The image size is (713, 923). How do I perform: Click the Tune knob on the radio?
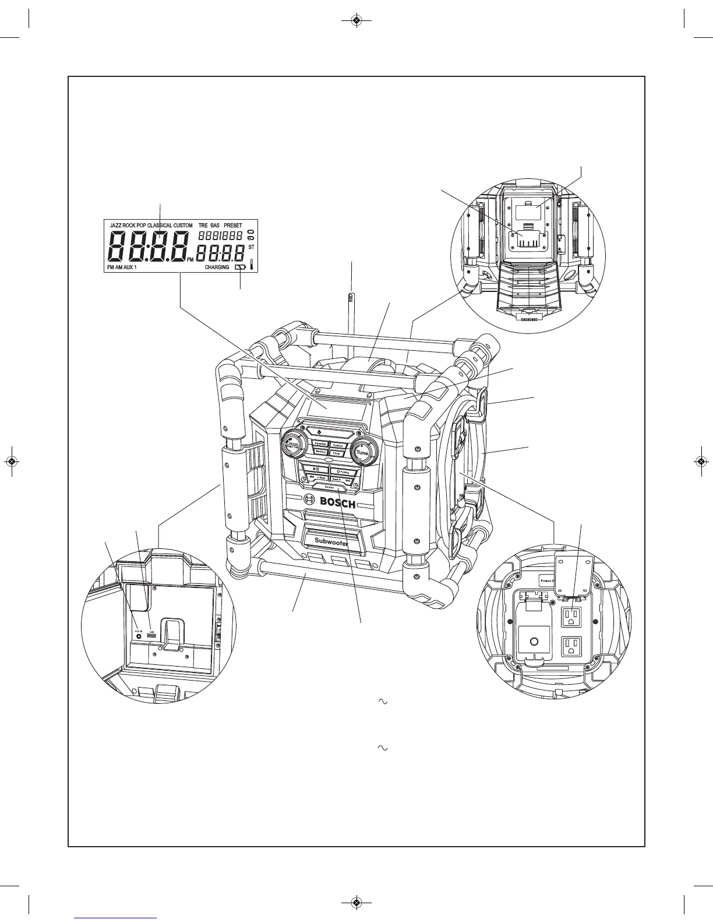[x=361, y=452]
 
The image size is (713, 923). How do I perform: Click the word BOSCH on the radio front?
[x=337, y=502]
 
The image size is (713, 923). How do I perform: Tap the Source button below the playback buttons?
[x=330, y=487]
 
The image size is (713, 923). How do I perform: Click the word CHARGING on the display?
[x=217, y=267]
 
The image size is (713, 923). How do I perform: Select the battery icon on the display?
[x=240, y=267]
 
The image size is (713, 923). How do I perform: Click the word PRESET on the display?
[x=232, y=225]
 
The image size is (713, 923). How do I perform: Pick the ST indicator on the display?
[x=252, y=247]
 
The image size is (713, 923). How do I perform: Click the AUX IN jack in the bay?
[x=139, y=636]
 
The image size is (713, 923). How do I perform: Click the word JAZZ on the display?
[x=115, y=225]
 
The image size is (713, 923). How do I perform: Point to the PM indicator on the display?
[x=190, y=260]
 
